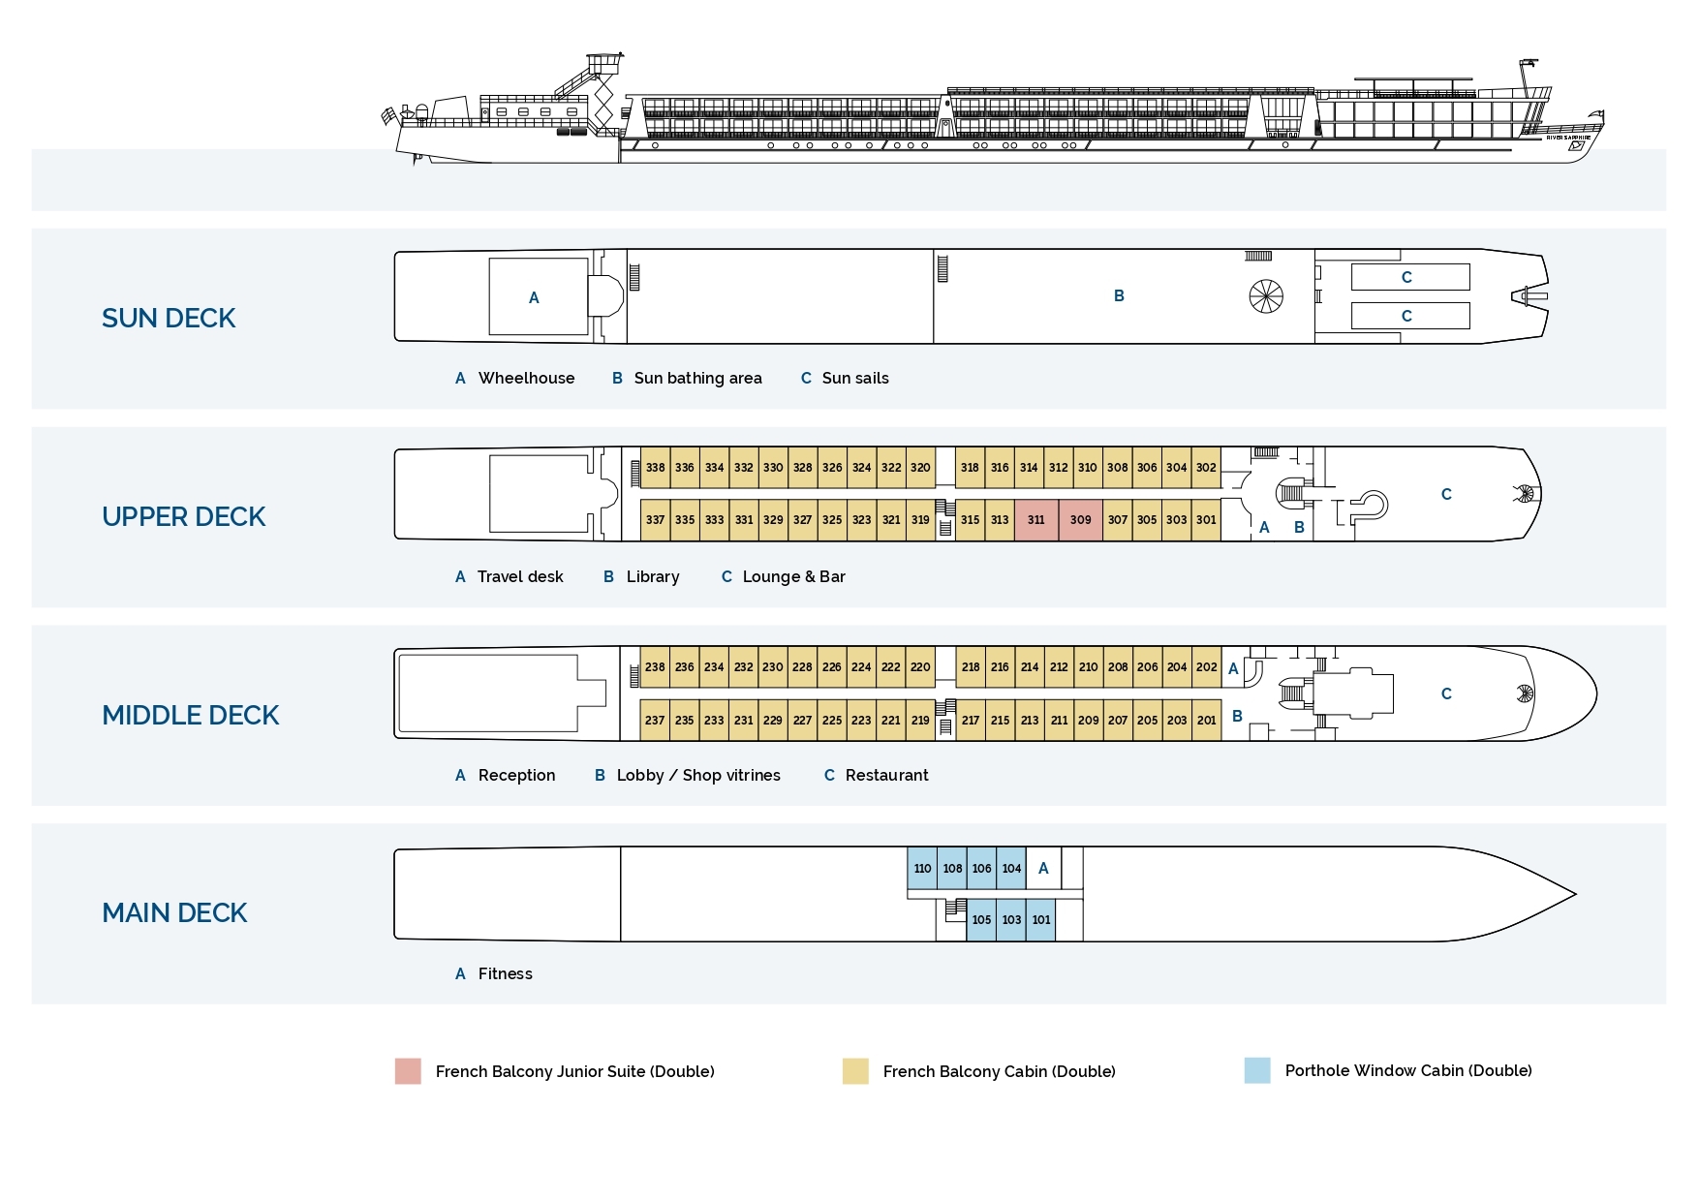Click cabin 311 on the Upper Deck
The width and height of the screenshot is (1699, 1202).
pos(1035,520)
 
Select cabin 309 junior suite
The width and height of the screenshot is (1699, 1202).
pos(1080,520)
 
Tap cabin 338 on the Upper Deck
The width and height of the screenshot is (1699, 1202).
pos(656,468)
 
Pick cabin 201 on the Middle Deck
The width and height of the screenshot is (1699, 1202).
pos(1206,721)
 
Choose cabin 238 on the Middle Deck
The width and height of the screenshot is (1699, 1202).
pos(656,667)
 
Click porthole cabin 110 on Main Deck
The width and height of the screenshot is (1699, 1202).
pos(922,869)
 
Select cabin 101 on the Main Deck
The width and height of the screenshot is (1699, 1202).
pos(1041,920)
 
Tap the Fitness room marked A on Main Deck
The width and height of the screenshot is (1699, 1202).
pos(1043,869)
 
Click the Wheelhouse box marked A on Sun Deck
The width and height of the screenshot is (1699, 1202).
pos(535,297)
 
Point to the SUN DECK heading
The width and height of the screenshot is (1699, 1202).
pos(169,319)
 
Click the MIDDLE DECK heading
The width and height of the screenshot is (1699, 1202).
pos(191,716)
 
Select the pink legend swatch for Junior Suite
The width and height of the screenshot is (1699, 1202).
pos(408,1071)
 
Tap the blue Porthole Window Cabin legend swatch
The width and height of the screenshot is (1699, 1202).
pos(1257,1070)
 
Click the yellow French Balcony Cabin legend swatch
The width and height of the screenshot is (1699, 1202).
pos(855,1071)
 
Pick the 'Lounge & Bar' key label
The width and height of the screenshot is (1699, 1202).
pos(793,577)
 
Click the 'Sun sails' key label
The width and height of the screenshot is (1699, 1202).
pos(854,379)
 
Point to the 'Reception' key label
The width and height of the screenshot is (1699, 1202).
pos(516,776)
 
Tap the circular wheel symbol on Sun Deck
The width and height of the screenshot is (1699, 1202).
pos(1266,296)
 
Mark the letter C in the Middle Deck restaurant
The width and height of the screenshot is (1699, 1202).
pos(1446,694)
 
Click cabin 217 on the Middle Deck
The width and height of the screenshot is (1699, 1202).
pos(971,721)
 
